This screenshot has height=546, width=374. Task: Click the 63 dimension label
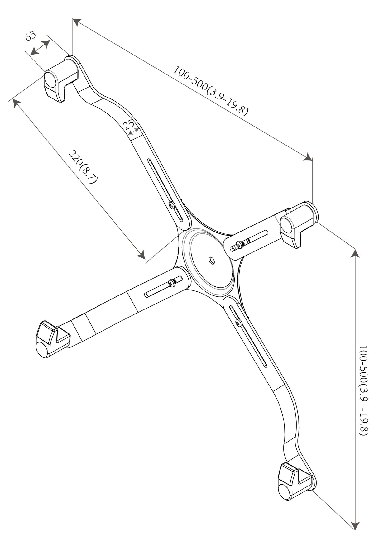click(x=30, y=36)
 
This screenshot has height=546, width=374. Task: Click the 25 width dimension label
click(x=128, y=125)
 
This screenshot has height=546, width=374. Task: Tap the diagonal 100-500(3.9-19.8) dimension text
click(x=211, y=91)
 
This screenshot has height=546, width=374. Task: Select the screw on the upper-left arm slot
click(x=172, y=205)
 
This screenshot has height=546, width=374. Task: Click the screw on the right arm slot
click(x=239, y=244)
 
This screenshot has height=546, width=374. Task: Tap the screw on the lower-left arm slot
click(x=171, y=283)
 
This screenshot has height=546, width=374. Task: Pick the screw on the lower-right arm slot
click(x=239, y=323)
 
